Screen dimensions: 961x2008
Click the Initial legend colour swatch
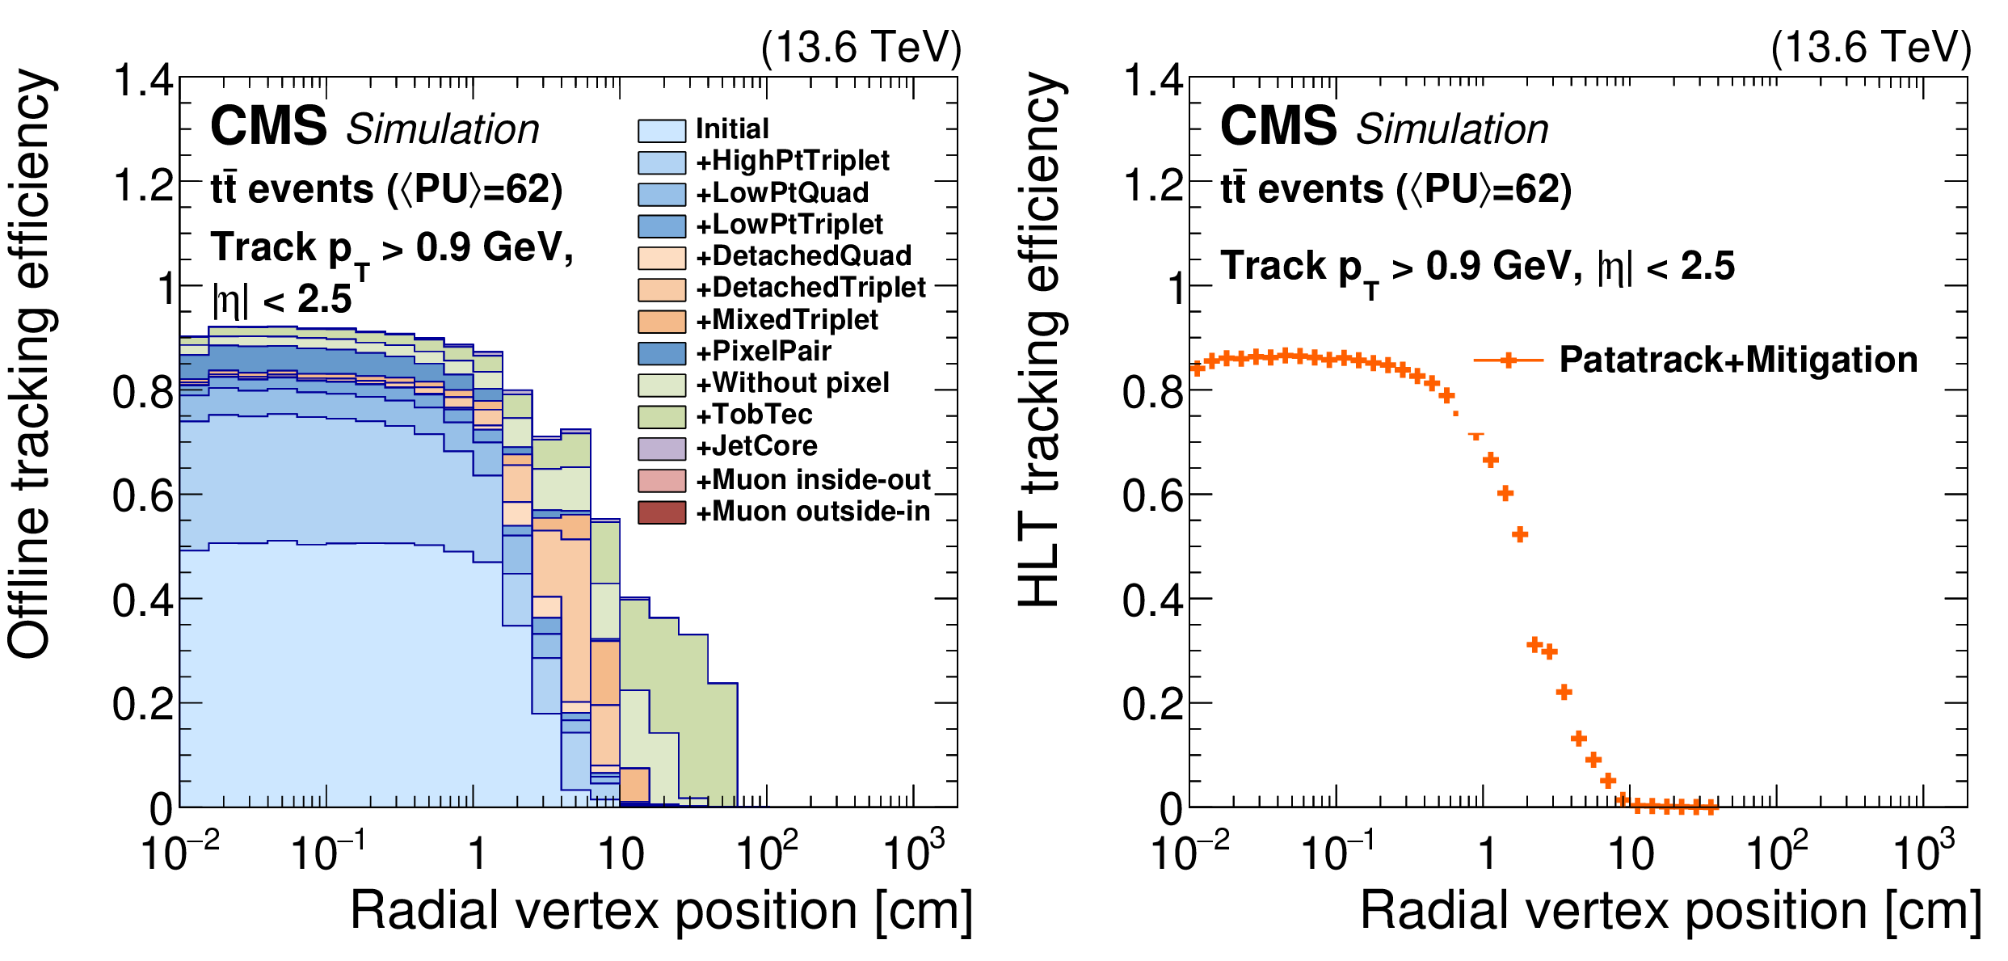tap(661, 130)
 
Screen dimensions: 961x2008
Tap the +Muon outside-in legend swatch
tap(661, 512)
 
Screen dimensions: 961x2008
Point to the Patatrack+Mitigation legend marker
tap(1508, 360)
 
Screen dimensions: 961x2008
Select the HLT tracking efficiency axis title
tap(1042, 339)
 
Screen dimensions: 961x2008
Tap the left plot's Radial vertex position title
tap(661, 910)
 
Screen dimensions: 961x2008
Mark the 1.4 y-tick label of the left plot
tap(143, 81)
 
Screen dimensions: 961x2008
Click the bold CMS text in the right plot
tap(1278, 127)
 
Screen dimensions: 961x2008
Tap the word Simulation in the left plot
tap(443, 129)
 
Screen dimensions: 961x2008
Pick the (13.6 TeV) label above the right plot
tap(1871, 48)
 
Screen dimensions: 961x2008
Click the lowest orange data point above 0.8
tap(1446, 396)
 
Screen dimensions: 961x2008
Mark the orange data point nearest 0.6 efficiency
tap(1505, 493)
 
